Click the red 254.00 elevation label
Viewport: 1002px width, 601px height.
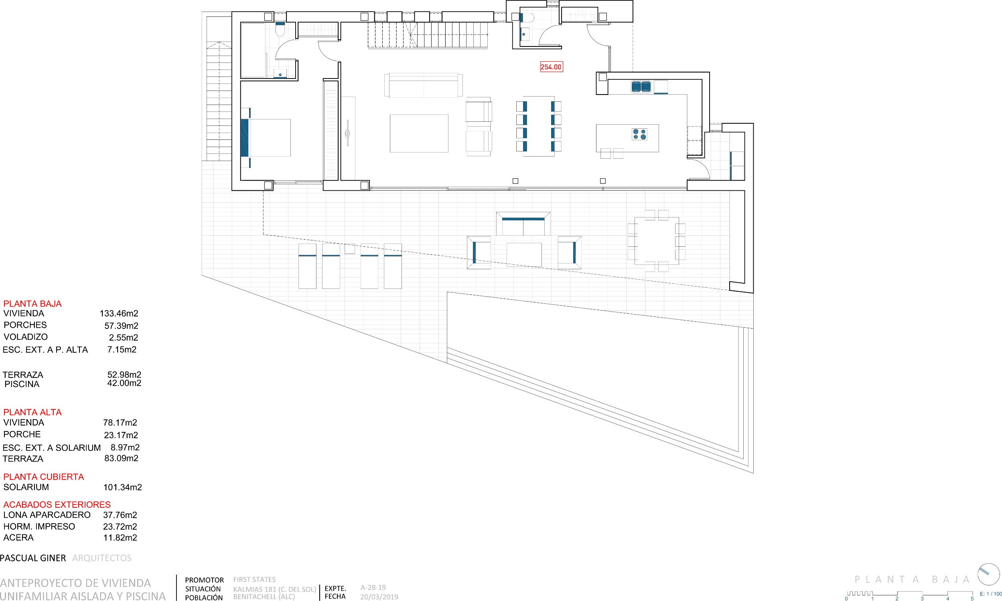[x=551, y=67]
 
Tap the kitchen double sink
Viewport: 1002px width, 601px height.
[x=641, y=86]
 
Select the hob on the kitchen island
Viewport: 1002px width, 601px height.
[x=640, y=134]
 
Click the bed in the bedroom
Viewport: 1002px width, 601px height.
[x=266, y=138]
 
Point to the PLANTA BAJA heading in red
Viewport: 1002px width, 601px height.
[x=32, y=304]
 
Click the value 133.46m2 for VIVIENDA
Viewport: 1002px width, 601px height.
[x=119, y=313]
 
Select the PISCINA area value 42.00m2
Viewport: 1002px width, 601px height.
[x=124, y=383]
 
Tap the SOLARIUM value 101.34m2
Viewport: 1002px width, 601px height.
[x=122, y=487]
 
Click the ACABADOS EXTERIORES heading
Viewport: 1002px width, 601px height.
[x=57, y=504]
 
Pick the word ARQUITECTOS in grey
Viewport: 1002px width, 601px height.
[x=102, y=558]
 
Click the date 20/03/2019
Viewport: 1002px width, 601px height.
[x=379, y=597]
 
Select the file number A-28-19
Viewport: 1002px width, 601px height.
[x=373, y=588]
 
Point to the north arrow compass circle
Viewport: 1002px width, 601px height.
[x=989, y=574]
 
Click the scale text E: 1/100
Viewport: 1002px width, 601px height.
[x=991, y=594]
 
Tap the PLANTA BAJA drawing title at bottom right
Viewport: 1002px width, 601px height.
[x=912, y=579]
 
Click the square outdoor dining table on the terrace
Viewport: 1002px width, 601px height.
[x=656, y=241]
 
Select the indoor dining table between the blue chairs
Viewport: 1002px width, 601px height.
[x=539, y=126]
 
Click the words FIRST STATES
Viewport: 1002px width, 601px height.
[x=254, y=579]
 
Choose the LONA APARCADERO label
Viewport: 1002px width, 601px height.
[x=47, y=515]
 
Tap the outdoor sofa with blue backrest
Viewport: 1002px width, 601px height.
[x=523, y=224]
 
